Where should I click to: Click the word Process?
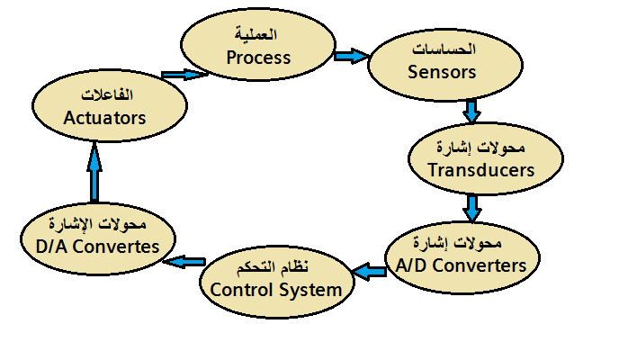tap(258, 58)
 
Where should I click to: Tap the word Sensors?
tap(442, 72)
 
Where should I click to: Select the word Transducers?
tap(481, 170)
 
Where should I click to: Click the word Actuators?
tap(104, 118)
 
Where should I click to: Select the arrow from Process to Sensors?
tap(352, 56)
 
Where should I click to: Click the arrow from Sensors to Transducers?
tap(471, 111)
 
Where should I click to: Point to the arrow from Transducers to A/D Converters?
tap(471, 207)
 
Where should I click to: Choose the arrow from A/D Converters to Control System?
tap(369, 272)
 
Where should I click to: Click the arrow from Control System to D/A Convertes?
tap(184, 262)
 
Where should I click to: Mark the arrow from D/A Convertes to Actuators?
tap(94, 173)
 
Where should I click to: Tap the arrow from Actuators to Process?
tap(184, 74)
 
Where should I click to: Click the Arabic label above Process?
tap(256, 34)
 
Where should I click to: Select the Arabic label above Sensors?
tap(444, 49)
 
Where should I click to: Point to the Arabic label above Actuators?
tap(107, 94)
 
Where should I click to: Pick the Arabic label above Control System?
tap(273, 267)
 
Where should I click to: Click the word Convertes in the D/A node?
tap(116, 247)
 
